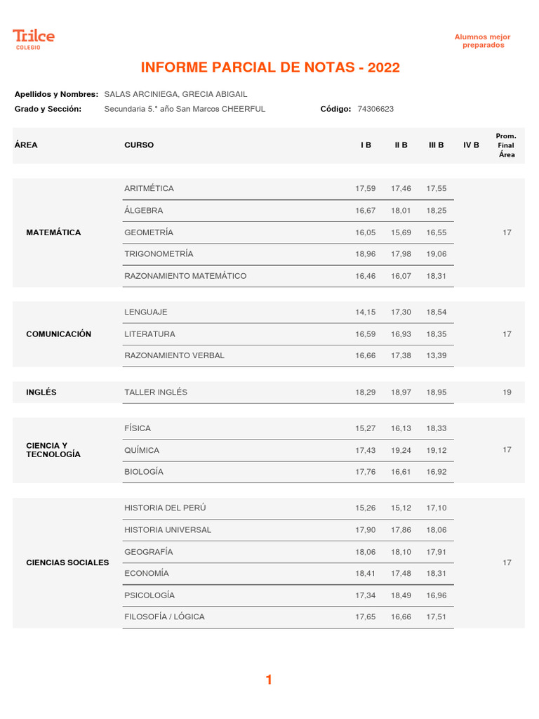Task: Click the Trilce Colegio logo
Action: tap(33, 39)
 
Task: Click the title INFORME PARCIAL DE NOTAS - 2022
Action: tap(270, 67)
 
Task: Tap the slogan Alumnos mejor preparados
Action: tap(483, 41)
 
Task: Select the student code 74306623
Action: tap(375, 109)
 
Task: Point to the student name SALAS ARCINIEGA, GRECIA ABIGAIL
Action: tap(175, 94)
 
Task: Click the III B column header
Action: tap(436, 145)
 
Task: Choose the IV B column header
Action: tap(471, 145)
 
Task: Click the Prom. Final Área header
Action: tap(506, 145)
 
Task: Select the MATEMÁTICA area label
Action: tap(53, 232)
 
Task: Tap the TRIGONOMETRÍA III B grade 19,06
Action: tap(436, 254)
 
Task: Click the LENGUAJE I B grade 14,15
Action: tap(366, 312)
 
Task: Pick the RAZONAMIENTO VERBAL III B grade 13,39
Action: tap(436, 356)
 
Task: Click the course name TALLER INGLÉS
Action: tap(156, 393)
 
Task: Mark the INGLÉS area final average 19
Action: tap(507, 393)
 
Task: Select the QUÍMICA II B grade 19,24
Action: tap(401, 450)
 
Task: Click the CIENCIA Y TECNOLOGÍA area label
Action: tap(53, 450)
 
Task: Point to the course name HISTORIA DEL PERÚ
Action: tap(165, 508)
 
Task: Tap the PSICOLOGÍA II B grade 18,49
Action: tap(401, 595)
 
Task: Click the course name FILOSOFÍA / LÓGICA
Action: tap(164, 617)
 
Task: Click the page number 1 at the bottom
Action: tap(269, 680)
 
